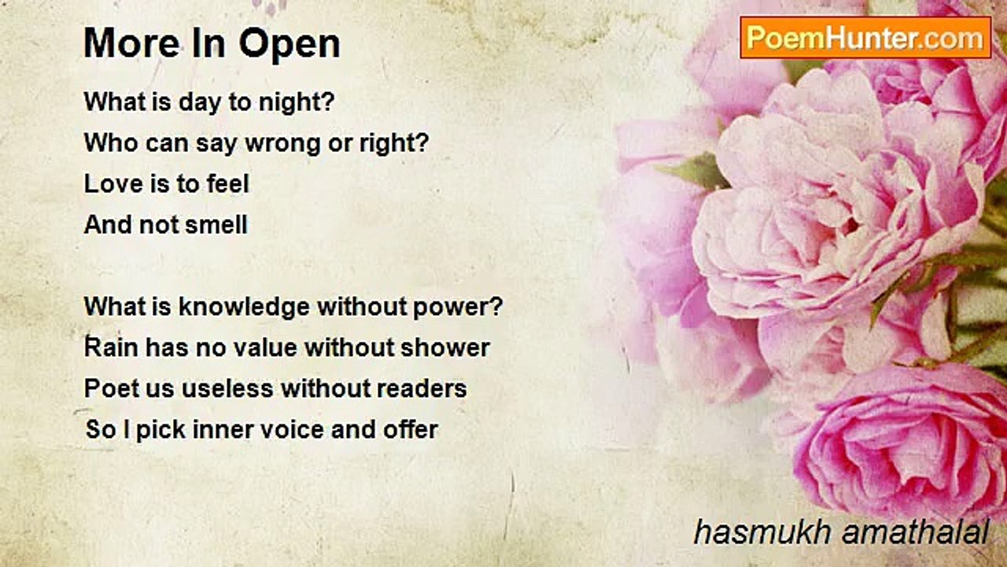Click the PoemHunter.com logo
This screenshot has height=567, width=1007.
pyautogui.click(x=865, y=38)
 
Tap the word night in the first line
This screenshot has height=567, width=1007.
pyautogui.click(x=297, y=102)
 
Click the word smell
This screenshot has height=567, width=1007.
pyautogui.click(x=216, y=224)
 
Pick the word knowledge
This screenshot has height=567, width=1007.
pyautogui.click(x=244, y=308)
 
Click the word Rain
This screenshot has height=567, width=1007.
pyautogui.click(x=111, y=347)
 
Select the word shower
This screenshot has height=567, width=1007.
pyautogui.click(x=445, y=347)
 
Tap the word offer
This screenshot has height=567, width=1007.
pyautogui.click(x=411, y=429)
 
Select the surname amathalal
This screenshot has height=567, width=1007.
pyautogui.click(x=915, y=532)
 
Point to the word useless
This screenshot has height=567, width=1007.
pyautogui.click(x=227, y=388)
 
